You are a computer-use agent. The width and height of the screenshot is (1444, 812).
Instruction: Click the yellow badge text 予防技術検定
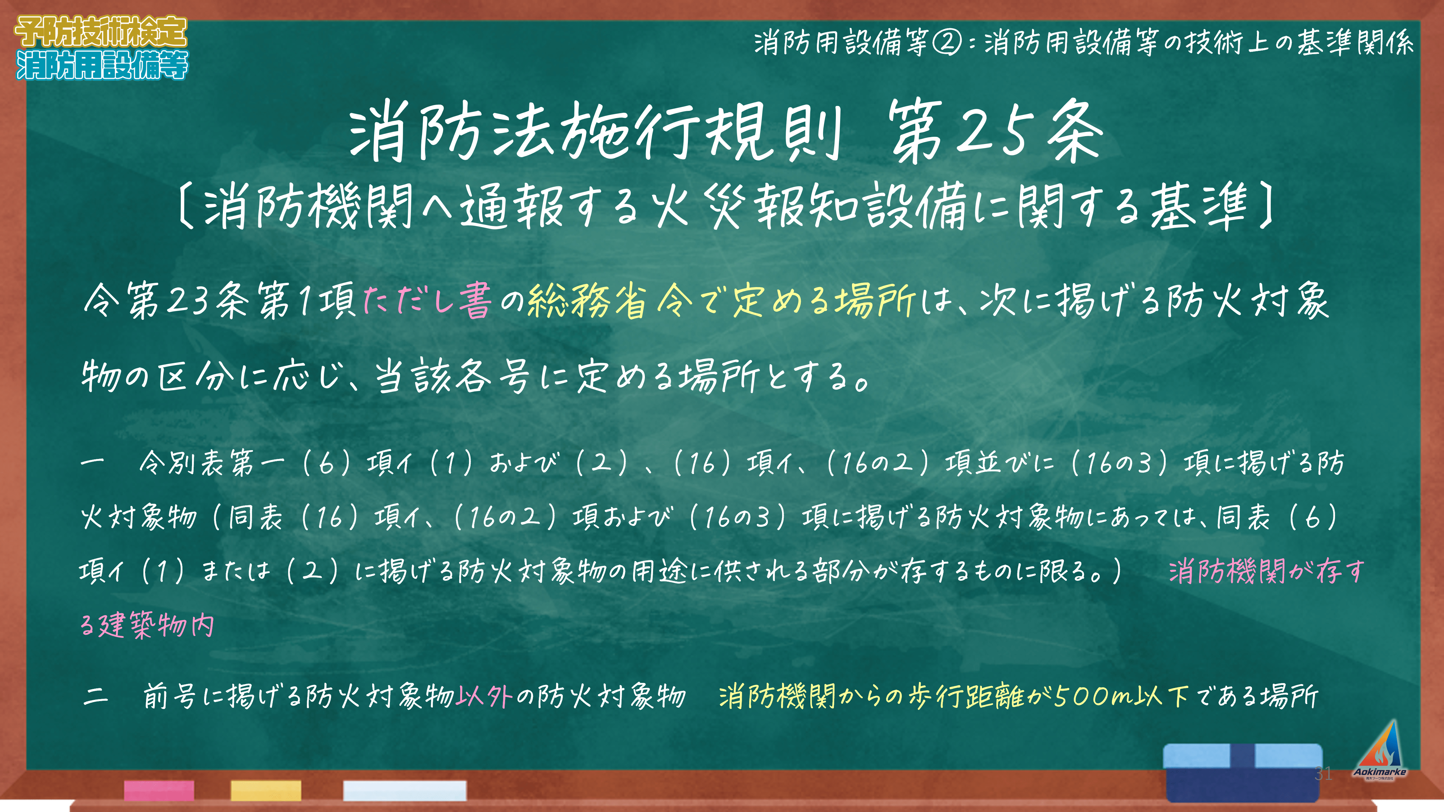click(x=101, y=31)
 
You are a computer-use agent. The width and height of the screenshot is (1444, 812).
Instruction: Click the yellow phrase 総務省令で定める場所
click(x=721, y=301)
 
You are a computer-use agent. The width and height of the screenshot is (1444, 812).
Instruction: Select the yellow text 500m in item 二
click(x=1093, y=697)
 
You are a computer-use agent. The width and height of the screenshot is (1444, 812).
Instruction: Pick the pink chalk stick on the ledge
click(x=159, y=790)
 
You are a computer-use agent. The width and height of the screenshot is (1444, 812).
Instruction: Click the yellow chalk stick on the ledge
click(x=266, y=790)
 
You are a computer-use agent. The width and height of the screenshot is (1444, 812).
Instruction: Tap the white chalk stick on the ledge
click(x=405, y=790)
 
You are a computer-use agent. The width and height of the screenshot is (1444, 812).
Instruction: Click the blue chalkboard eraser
click(x=1243, y=772)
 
